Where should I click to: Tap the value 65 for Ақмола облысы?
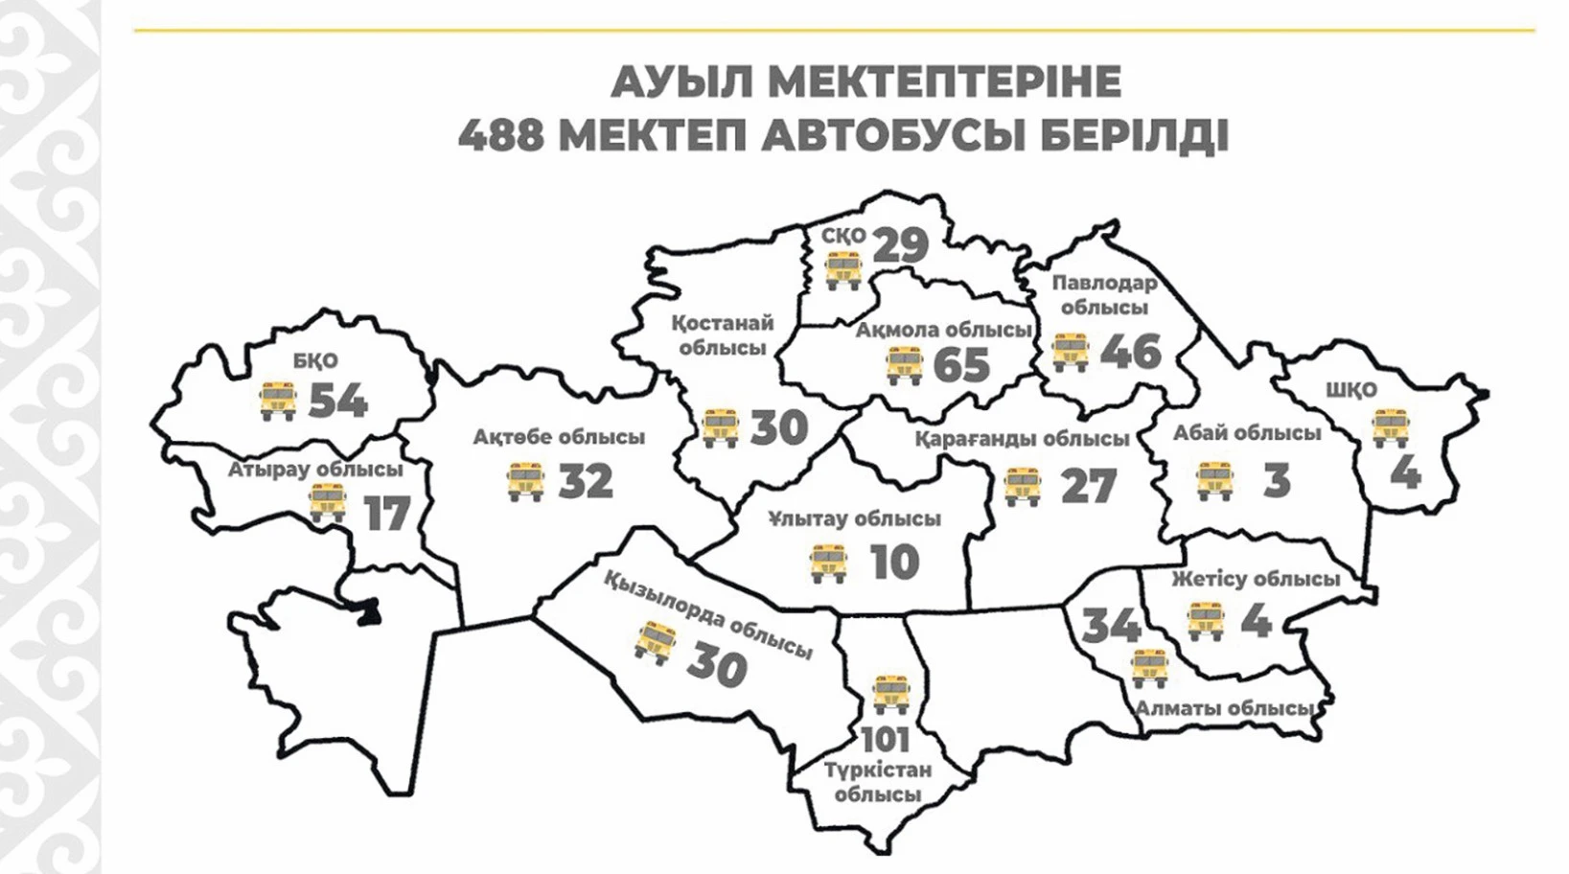960,365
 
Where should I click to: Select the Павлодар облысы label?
1104,295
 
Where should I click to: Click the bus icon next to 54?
278,401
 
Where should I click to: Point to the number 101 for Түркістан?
885,740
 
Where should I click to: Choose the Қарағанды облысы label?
1022,439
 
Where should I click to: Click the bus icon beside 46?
1071,352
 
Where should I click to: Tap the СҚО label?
843,235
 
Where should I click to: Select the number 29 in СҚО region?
901,244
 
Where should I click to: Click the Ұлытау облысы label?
855,518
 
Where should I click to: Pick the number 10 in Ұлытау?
894,563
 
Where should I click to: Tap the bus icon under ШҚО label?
1390,427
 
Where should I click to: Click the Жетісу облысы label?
1256,579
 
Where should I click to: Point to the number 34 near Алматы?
1111,627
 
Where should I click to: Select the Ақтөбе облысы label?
559,437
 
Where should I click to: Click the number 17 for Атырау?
387,515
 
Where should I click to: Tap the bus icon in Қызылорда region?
656,643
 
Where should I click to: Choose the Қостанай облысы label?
723,335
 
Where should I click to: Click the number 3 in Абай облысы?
1276,481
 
